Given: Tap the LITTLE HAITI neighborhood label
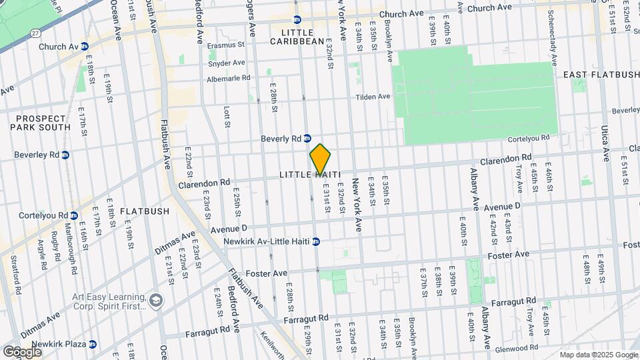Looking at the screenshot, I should pos(310,175).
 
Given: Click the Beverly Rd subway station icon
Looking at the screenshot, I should pos(307,139).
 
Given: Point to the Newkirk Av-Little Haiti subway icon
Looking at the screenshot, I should pos(317,241).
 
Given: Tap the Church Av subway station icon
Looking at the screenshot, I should pos(84,47).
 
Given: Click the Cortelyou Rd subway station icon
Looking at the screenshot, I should pos(74,216).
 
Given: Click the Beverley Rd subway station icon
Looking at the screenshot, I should pos(65,155).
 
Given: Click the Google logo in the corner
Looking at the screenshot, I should pos(22,351).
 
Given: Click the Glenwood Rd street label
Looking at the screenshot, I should pos(517,347).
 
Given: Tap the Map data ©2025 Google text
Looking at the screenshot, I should pos(598,355).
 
